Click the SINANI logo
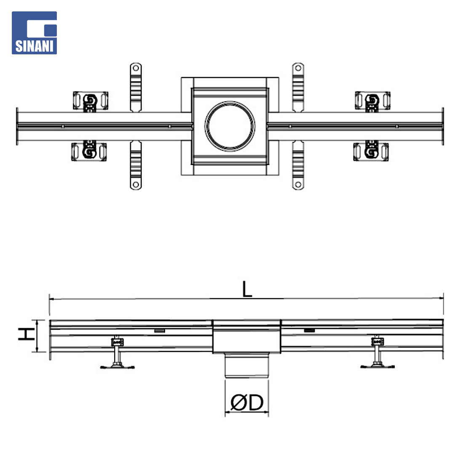[x=34, y=33]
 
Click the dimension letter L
[x=247, y=289]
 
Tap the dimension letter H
[x=27, y=334]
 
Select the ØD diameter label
[x=247, y=402]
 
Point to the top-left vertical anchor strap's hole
[x=136, y=68]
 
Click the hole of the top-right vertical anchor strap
[x=298, y=68]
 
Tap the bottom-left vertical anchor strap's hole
[x=136, y=184]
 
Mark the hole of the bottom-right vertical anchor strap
[x=298, y=184]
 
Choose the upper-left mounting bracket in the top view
[x=90, y=102]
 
